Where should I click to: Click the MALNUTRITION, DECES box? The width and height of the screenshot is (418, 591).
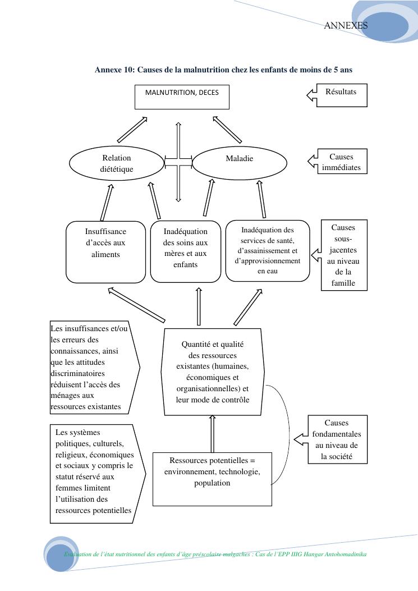point(182,97)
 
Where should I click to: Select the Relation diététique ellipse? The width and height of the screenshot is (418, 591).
point(116,163)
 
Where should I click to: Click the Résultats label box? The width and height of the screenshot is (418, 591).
point(341,95)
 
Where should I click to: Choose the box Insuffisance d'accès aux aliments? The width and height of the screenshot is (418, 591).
point(105,251)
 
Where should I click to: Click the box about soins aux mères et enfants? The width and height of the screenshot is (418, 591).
point(185,251)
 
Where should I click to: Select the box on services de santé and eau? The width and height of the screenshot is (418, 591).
point(268,250)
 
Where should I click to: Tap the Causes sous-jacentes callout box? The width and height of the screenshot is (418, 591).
point(343,255)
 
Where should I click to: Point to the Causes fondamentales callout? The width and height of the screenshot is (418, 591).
point(337,439)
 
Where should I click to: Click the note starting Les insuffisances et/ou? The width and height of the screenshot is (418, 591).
point(93,368)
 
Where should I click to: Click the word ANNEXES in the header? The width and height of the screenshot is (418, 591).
point(346,25)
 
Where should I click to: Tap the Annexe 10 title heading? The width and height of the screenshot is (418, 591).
point(223,70)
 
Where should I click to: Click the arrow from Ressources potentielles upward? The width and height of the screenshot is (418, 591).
point(212,433)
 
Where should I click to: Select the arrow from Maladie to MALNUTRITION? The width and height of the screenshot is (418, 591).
point(227,130)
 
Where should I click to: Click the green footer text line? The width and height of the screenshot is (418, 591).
point(215,554)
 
